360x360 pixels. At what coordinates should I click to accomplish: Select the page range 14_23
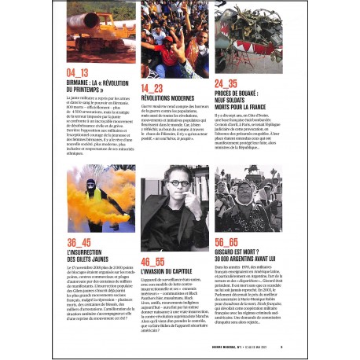pyautogui.click(x=152, y=88)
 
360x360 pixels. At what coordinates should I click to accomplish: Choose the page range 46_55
pyautogui.click(x=153, y=261)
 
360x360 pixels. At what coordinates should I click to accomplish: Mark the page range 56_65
pyautogui.click(x=227, y=242)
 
